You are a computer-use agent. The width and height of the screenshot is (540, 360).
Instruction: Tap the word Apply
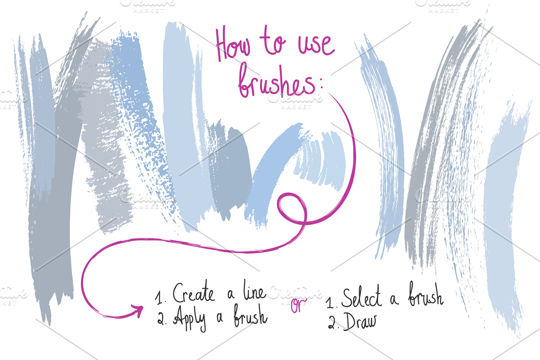click(x=188, y=319)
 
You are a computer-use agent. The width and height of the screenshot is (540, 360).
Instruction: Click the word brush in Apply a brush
click(x=250, y=317)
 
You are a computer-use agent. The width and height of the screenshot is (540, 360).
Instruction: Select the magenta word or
click(x=297, y=305)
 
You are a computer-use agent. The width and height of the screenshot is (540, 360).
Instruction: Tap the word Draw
click(x=360, y=322)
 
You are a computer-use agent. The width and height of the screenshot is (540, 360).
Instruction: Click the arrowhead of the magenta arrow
click(x=137, y=310)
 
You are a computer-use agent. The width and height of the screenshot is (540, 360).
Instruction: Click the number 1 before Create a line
click(x=158, y=297)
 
